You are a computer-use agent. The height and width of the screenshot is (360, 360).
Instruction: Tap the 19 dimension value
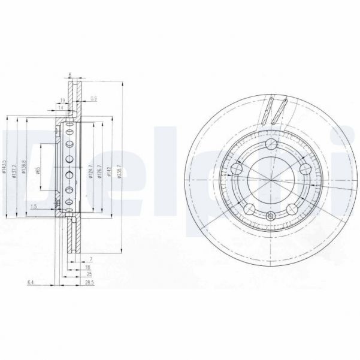[62, 101]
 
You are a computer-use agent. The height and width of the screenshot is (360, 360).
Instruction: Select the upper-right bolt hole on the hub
[304, 168]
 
